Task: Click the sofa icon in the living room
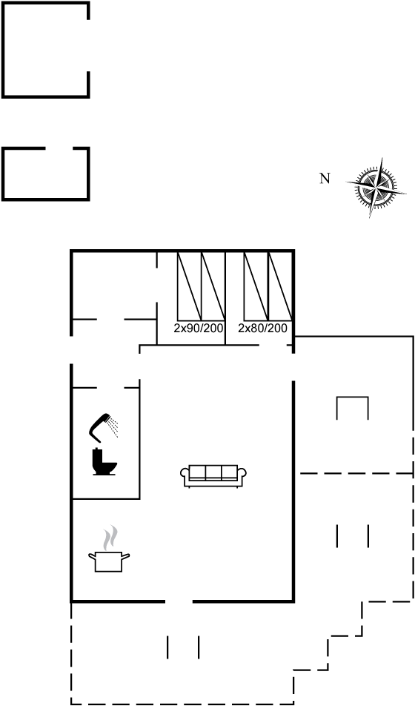point(213,476)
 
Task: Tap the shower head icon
point(100,427)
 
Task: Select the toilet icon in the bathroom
point(104,462)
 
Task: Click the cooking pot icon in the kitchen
point(109,561)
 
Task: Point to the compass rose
point(376,188)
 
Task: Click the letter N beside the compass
point(325,179)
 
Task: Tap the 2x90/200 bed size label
point(199,329)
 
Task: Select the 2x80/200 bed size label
point(262,329)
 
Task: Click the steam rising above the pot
point(110,538)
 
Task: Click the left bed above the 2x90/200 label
point(189,286)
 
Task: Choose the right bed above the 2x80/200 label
point(280,286)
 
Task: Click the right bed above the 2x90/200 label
point(213,286)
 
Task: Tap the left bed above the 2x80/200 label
point(256,286)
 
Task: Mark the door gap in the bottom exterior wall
point(179,601)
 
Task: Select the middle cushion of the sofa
point(213,472)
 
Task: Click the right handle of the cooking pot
point(126,556)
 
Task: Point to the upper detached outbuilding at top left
point(46,49)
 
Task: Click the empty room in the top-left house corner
point(114,286)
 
